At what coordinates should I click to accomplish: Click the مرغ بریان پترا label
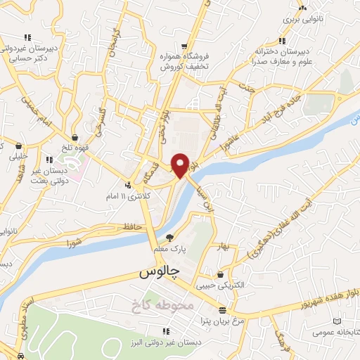point(223,321)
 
